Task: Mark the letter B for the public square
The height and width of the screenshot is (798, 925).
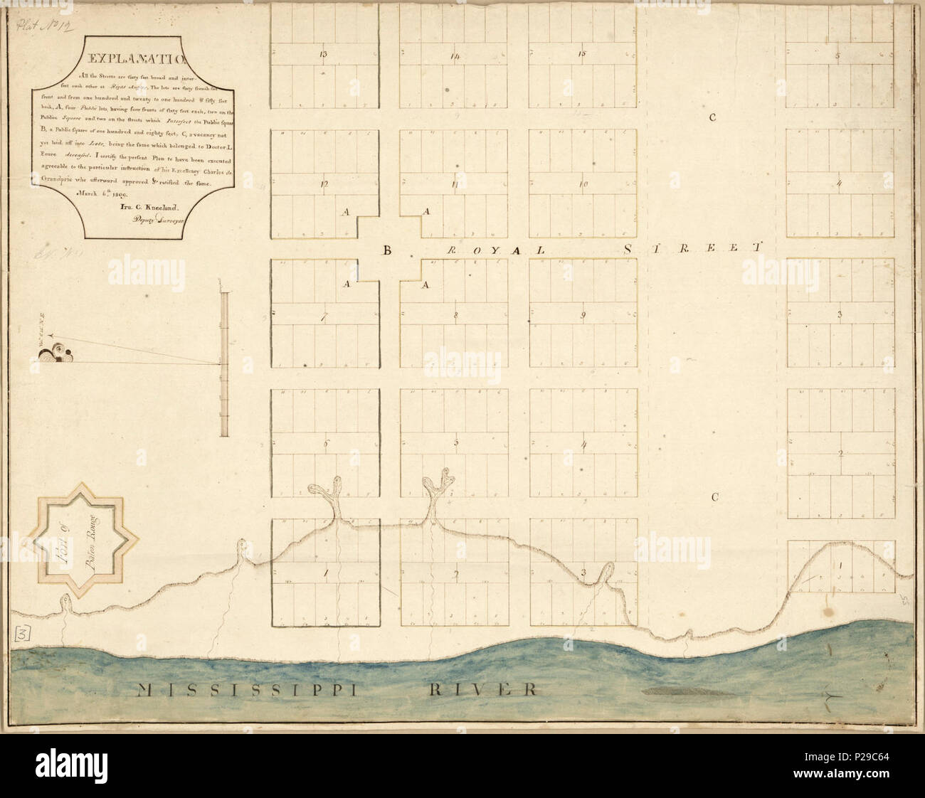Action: pyautogui.click(x=388, y=250)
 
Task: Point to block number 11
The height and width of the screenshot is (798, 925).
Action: pyautogui.click(x=453, y=185)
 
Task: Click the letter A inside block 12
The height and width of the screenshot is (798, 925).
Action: pyautogui.click(x=347, y=211)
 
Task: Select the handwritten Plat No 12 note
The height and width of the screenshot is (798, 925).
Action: pyautogui.click(x=40, y=26)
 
